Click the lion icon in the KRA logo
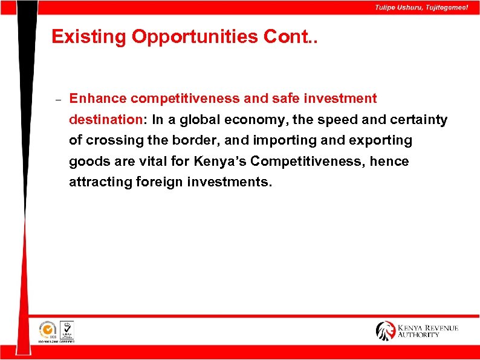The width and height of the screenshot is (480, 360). coord(385,330)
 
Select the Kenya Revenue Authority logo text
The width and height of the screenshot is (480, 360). coord(427,331)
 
